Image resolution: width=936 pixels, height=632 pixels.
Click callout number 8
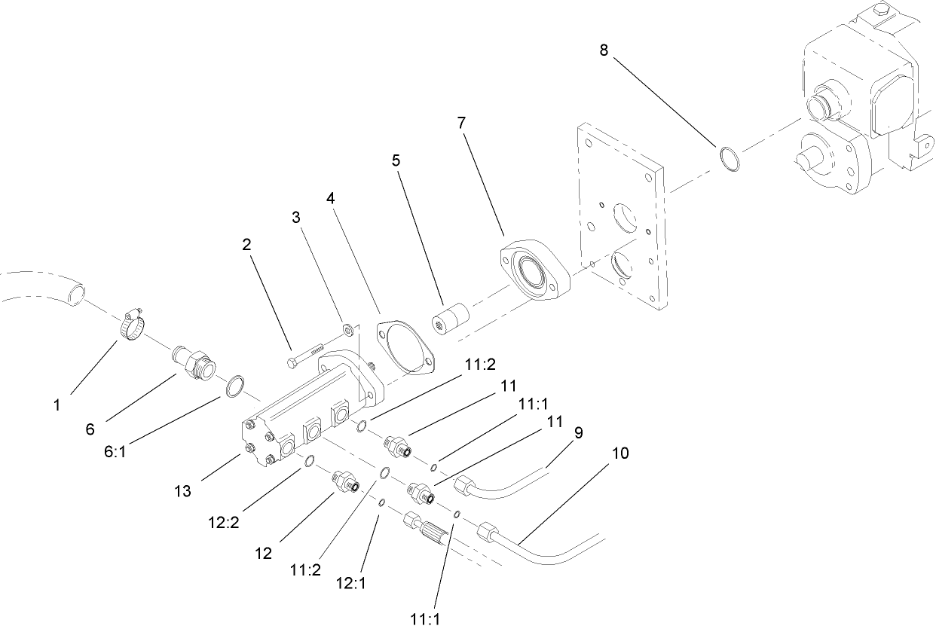pos(603,50)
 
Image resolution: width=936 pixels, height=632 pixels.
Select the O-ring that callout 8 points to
pos(729,160)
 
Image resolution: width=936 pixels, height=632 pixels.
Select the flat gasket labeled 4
pos(406,346)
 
